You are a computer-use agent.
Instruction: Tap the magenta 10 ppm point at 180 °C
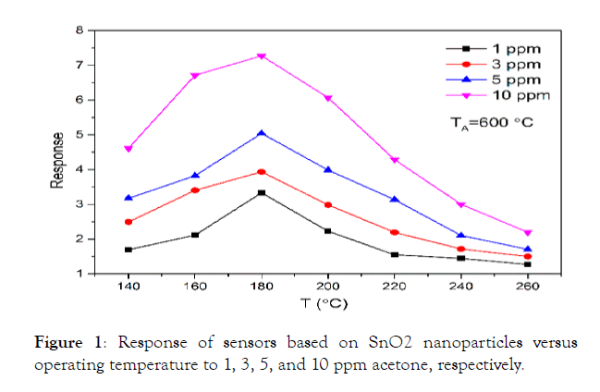(262, 56)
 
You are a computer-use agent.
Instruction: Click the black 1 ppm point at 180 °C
(262, 192)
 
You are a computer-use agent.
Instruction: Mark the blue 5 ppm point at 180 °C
(262, 133)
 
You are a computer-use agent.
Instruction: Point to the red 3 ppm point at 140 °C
(129, 222)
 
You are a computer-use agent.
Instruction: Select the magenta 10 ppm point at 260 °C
(527, 233)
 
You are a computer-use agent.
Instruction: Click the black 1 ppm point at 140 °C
(129, 250)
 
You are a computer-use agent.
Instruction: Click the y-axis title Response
(57, 153)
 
